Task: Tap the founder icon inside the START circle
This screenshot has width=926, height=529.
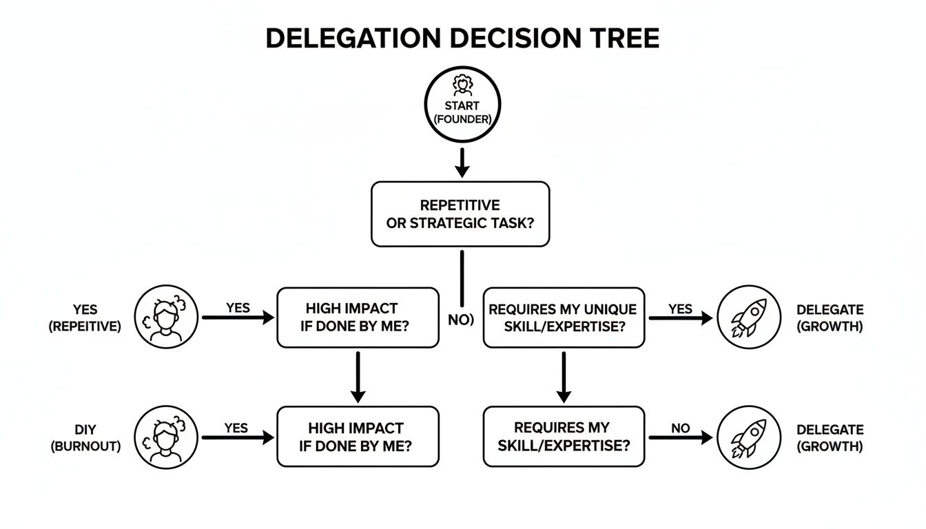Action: point(462,86)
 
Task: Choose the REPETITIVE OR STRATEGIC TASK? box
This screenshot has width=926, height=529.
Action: point(460,214)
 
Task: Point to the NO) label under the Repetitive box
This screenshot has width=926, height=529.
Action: point(461,320)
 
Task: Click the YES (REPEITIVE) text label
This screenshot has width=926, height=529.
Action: point(85,318)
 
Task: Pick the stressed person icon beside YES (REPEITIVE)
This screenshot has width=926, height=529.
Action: point(166,318)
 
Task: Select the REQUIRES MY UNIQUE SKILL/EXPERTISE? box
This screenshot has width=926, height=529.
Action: point(564,318)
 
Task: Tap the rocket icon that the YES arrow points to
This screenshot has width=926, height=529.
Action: point(749,318)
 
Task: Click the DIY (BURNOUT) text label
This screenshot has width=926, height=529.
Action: point(85,437)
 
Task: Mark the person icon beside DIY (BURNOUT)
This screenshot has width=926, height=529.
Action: point(166,437)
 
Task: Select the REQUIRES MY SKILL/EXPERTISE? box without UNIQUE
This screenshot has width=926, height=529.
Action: point(564,437)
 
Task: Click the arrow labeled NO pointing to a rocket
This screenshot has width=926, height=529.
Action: point(680,437)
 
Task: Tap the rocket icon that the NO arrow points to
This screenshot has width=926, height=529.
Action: point(749,437)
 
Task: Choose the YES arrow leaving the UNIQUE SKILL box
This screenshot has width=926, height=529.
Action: point(680,318)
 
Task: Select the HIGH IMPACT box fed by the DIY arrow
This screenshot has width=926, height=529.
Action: point(358,437)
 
